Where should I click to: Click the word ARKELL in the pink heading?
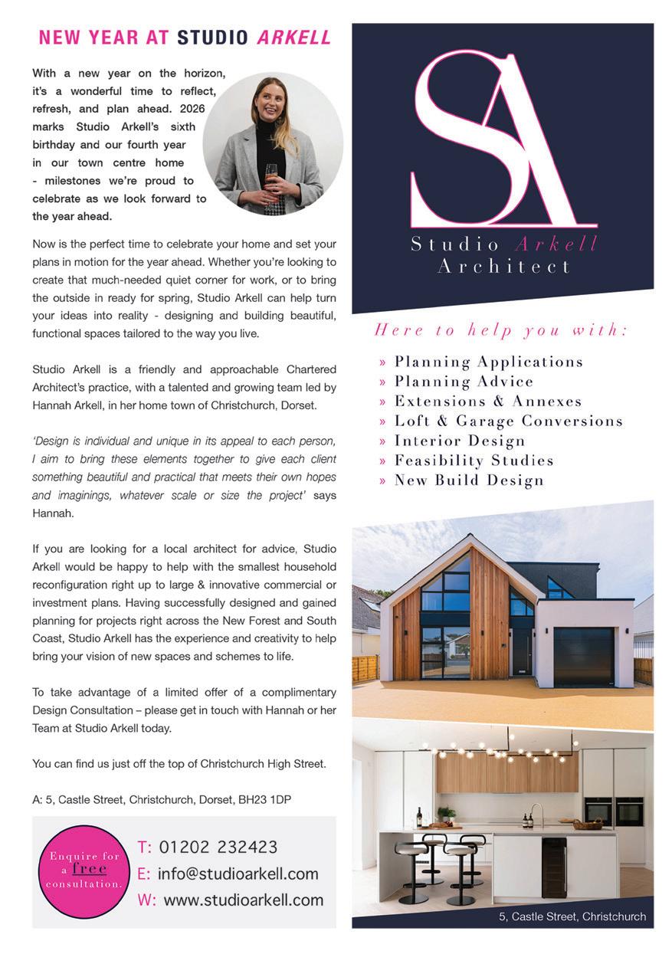point(294,37)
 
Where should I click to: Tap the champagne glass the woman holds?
point(272,175)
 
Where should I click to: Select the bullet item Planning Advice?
point(464,382)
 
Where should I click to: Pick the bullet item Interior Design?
point(460,441)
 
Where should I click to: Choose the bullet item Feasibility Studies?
point(474,461)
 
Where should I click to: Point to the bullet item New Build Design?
point(469,480)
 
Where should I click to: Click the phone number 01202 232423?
point(217,847)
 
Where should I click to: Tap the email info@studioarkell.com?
point(238,874)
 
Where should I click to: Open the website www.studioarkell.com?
point(244,900)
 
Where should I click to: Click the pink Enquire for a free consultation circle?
point(85,870)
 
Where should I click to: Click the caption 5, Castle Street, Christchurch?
point(572,916)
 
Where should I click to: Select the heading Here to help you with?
point(501,331)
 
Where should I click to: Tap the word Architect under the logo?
point(503,267)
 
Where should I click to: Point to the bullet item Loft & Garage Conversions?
point(508,421)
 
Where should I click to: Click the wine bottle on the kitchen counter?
point(418,817)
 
